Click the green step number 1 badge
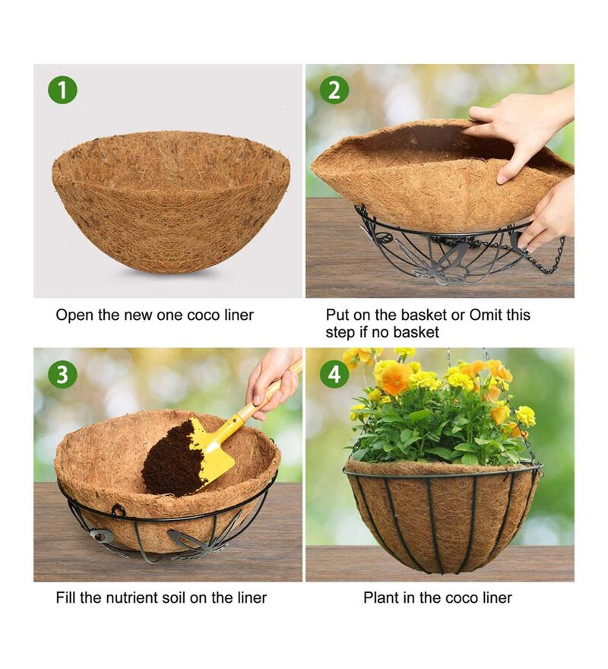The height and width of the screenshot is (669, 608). coord(62,90)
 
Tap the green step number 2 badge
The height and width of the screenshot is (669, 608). coord(334,90)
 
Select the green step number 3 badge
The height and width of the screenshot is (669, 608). coord(62,374)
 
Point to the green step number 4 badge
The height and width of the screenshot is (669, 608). coord(334,374)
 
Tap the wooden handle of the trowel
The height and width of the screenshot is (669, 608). coord(258,404)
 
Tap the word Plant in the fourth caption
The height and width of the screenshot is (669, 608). coord(381,598)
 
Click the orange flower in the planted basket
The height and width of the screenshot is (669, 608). coord(395,378)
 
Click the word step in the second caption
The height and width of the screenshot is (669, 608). coord(340,332)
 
